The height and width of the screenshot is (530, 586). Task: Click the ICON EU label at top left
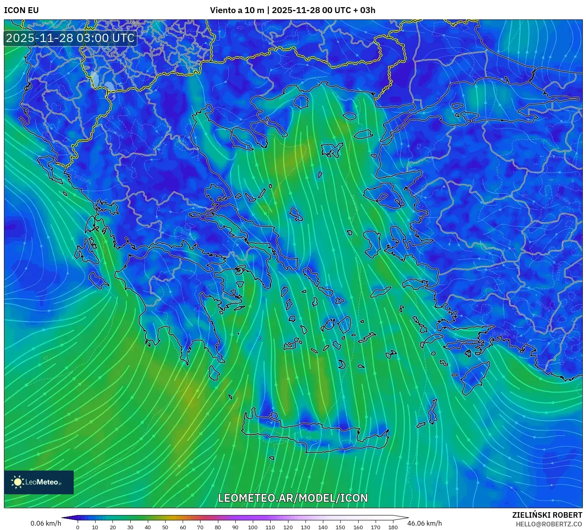(21, 10)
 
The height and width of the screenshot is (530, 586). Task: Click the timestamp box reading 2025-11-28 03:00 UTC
(71, 38)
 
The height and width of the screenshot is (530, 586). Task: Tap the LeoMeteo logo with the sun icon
(39, 482)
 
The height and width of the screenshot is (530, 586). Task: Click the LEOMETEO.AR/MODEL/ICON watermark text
(293, 498)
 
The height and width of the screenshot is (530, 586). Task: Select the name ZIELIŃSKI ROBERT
(547, 515)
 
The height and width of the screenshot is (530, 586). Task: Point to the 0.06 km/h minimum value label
(46, 523)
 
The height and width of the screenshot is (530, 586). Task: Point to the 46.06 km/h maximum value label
(424, 523)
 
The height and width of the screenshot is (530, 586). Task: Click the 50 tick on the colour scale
(165, 527)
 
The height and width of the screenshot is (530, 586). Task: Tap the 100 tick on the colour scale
(253, 527)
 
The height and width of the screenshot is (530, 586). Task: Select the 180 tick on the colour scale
(393, 527)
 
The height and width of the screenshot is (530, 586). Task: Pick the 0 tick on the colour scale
(78, 527)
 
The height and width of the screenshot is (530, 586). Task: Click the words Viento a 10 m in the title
(237, 10)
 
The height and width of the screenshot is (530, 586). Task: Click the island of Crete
(313, 436)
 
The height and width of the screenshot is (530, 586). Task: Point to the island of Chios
(372, 243)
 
